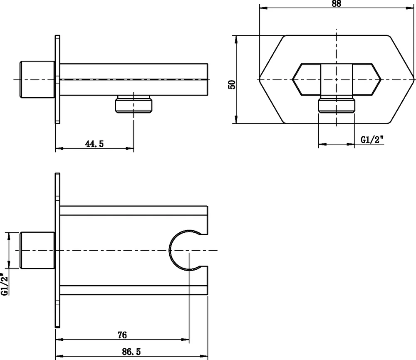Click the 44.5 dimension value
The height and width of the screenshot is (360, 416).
tap(94, 144)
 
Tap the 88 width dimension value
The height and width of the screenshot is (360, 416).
tap(336, 4)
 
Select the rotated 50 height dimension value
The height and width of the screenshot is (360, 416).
tap(232, 84)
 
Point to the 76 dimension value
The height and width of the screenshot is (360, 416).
tap(122, 335)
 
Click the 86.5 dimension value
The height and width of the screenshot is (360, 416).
tap(131, 352)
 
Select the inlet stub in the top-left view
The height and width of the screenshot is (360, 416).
tap(37, 79)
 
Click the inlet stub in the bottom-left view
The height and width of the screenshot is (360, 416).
tap(37, 250)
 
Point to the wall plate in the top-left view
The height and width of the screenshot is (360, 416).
tap(57, 79)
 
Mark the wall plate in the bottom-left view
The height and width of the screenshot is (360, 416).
tap(57, 250)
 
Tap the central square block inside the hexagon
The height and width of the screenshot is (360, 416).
tap(337, 79)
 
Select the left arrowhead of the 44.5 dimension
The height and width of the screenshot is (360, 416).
tap(59, 148)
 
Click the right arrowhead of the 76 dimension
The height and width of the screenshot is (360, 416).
tap(186, 339)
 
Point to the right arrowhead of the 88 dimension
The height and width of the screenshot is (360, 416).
tap(410, 8)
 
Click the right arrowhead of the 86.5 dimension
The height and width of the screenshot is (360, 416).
tap(204, 356)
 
